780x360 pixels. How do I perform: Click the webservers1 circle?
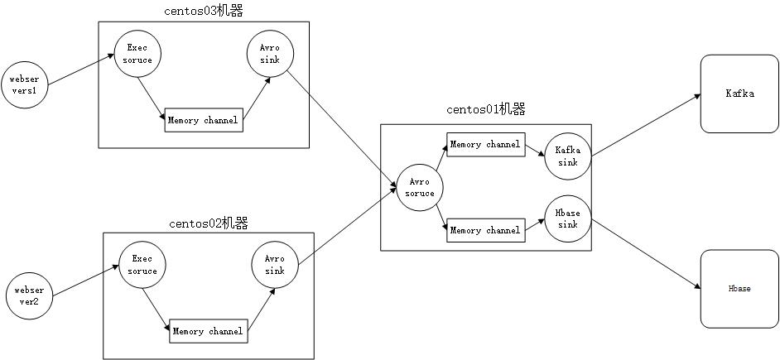[x=24, y=84]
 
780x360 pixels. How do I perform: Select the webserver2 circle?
[x=29, y=295]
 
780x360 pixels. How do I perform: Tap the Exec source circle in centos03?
[x=137, y=55]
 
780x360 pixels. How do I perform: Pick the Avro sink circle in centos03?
[x=268, y=55]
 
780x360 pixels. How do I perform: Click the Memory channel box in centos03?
[x=203, y=121]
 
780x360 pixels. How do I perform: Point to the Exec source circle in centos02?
[x=142, y=265]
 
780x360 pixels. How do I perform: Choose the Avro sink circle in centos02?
[x=274, y=265]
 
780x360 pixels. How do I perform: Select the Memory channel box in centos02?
[x=209, y=332]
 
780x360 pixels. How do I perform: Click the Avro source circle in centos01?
[x=420, y=188]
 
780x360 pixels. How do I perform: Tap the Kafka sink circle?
[x=567, y=156]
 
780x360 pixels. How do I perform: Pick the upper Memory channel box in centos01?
[x=484, y=145]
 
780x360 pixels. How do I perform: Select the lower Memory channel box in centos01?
[x=484, y=230]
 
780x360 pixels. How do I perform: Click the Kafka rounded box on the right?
[x=739, y=94]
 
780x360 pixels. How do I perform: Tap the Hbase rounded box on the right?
[x=739, y=288]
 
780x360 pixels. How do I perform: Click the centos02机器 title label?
[x=209, y=223]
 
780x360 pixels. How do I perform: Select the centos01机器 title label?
[x=486, y=109]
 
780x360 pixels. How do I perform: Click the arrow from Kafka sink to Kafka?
[x=646, y=125]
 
